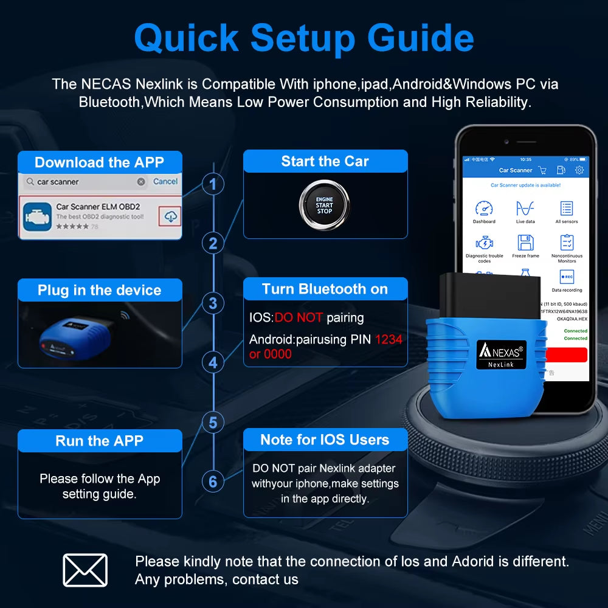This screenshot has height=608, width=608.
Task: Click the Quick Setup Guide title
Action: pos(303,38)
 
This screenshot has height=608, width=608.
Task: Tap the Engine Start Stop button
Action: pos(324,204)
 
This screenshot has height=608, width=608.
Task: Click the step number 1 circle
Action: pos(213,184)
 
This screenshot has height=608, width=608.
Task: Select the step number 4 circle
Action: pos(213,362)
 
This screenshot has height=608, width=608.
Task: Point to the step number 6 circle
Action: pos(213,482)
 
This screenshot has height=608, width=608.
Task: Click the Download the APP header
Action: pos(100,162)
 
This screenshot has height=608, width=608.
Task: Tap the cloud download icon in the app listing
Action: pos(171,216)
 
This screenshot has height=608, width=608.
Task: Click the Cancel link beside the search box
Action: pos(165,181)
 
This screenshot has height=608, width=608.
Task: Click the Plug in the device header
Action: pos(100,290)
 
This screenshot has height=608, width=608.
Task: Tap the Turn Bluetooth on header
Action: pos(325,289)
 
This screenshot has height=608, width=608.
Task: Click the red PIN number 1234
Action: pos(389,339)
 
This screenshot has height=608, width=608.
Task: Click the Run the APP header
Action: pos(100,441)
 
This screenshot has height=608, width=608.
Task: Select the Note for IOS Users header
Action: pos(325,440)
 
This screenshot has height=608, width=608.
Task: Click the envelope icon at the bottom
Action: pos(85,570)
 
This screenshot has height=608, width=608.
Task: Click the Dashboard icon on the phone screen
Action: pos(484,209)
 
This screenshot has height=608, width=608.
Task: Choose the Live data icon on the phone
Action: pos(525,209)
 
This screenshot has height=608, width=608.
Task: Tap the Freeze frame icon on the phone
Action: pos(525,243)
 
